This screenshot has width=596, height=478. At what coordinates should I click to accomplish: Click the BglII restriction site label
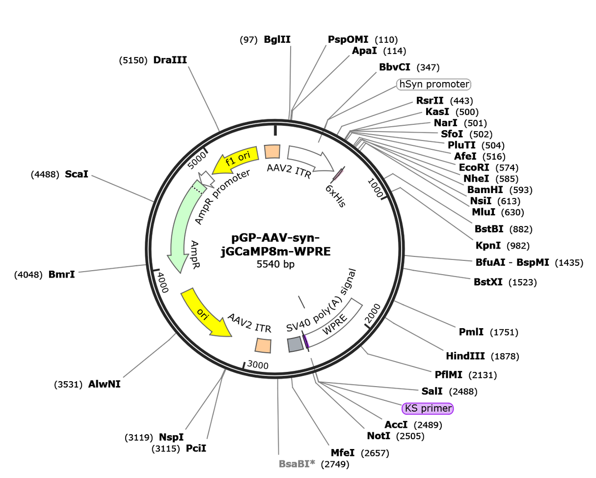coord(277,39)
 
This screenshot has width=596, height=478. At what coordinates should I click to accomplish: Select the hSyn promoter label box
coord(433,84)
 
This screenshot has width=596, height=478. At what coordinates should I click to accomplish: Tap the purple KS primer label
coord(427,408)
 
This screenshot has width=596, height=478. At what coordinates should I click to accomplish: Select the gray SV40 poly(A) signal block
coord(295,344)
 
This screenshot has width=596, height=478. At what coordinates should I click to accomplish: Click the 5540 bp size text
coord(275,264)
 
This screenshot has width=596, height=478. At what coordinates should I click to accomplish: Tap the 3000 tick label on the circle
coord(258,365)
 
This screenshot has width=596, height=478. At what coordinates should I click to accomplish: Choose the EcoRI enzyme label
coord(474,168)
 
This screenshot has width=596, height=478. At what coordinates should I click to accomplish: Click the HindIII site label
coord(465,356)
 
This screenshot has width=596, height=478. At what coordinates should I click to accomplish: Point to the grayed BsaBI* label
coord(297,464)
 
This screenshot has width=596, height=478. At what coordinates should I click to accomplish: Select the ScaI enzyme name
coord(77,174)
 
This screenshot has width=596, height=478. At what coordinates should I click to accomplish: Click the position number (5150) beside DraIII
coord(133,60)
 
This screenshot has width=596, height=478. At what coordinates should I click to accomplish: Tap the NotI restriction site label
coord(379,436)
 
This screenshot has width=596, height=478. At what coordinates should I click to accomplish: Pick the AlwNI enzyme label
coord(105,384)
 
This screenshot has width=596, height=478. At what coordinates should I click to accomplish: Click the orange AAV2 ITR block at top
coord(272,152)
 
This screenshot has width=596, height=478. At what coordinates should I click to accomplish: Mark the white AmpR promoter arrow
coord(207,179)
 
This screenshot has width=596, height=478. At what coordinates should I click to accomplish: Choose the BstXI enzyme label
coord(488,282)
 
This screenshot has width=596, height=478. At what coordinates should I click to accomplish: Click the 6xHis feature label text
coord(335,196)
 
